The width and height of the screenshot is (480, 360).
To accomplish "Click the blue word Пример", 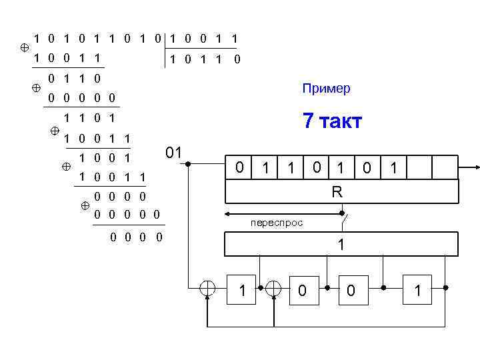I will point(326,89).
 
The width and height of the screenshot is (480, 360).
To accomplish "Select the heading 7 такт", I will point(332,121).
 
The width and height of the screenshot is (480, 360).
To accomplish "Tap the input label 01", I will point(174,153).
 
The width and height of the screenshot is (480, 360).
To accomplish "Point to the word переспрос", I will point(276,223).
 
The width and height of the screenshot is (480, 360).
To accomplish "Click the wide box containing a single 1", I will point(341,244).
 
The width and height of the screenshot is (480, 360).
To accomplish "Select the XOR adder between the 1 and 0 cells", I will point(273,288).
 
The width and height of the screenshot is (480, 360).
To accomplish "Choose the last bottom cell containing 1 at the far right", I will point(417,289).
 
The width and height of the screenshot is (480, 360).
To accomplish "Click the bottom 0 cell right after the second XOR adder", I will point(303,289).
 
